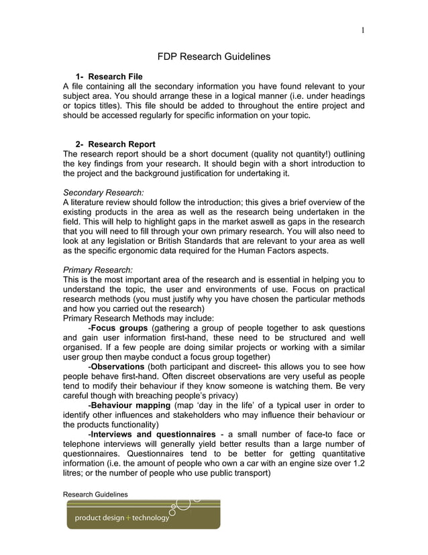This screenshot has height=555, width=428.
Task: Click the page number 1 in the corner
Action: click(x=363, y=29)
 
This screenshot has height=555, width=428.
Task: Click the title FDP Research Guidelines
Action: click(x=214, y=56)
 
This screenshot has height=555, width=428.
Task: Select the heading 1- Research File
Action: click(x=109, y=77)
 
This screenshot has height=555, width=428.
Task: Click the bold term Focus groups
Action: click(x=119, y=328)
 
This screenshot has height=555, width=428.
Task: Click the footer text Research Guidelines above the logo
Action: click(x=95, y=495)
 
